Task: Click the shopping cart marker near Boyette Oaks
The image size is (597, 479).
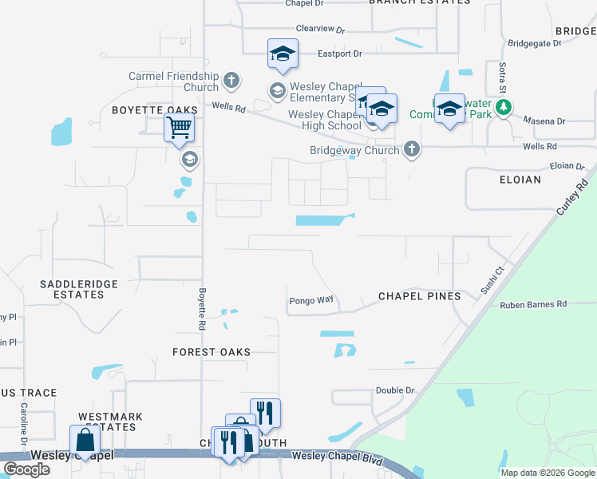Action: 180,127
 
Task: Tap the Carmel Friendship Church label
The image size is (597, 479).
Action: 173,81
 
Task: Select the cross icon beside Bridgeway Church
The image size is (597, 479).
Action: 411,149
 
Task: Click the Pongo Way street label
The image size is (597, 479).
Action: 310,301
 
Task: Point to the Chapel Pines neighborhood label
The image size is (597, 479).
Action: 419,296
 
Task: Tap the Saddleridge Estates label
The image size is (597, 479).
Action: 73,289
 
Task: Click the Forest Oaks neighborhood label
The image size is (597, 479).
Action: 212,352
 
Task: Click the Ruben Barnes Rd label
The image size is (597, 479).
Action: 533,305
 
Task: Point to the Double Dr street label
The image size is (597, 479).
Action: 396,390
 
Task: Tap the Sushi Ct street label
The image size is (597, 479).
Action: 492,281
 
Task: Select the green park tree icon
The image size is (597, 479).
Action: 503,107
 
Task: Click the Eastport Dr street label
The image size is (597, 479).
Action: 340,53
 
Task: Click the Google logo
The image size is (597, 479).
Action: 26,469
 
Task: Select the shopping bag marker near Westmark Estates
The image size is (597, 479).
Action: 85,441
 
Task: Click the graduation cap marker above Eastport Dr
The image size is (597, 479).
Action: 283,53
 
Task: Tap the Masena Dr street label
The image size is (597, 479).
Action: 545,121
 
